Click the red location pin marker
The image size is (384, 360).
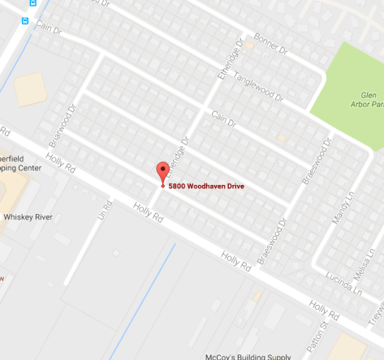coord(162,172)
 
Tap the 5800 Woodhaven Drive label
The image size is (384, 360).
coord(206,187)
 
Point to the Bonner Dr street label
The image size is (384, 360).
coord(270,49)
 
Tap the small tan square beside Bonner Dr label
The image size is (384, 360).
coord(251,45)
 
